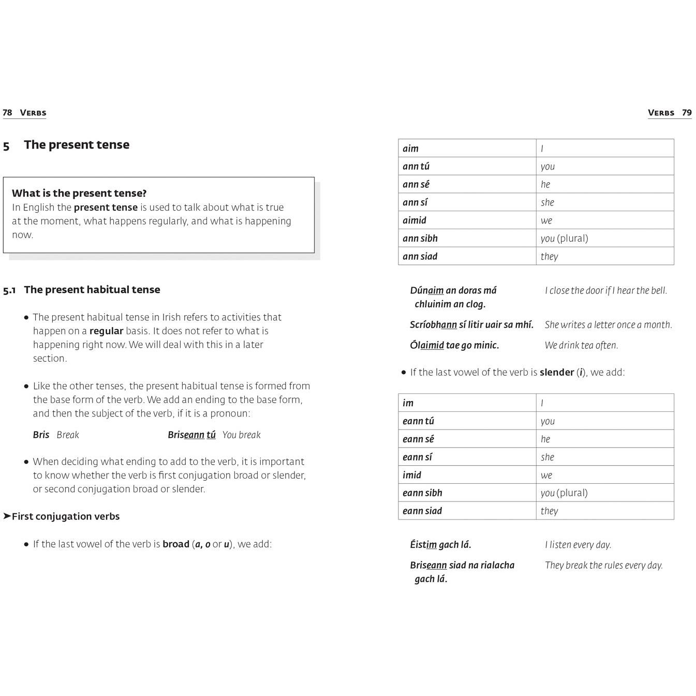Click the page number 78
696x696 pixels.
coord(7,113)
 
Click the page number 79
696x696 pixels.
coord(687,113)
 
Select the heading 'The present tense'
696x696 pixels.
coord(77,145)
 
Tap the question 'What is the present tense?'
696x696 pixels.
coord(79,194)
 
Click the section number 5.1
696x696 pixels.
coord(9,290)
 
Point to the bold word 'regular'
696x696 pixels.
coord(106,331)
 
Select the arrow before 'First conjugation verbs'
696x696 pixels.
coord(7,516)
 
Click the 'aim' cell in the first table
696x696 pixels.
coord(411,149)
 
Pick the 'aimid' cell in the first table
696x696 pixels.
coord(414,220)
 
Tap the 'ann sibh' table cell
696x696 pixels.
coord(420,239)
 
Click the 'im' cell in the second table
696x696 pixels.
coord(408,403)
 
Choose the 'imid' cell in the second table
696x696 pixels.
coord(412,475)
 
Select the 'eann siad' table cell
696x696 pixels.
coord(422,511)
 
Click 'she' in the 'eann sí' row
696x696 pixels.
coord(547,457)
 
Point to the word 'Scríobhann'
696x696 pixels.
coord(433,325)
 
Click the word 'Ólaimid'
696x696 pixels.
coord(427,346)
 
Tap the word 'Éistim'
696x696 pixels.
coord(423,545)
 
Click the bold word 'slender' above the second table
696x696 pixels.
coord(557,373)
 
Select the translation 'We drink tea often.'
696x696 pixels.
coord(581,346)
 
